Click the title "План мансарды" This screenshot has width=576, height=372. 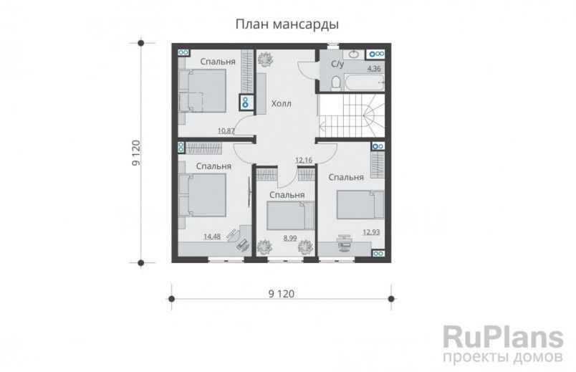[x=287, y=24]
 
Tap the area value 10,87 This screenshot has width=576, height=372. [x=226, y=130]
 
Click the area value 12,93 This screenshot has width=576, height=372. [x=371, y=232]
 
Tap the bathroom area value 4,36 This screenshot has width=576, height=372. [x=374, y=69]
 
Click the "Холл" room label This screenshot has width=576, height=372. [x=281, y=105]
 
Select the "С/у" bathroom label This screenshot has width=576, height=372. [x=337, y=65]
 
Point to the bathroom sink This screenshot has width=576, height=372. [x=352, y=54]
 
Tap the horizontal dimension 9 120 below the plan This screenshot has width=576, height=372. [x=282, y=293]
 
